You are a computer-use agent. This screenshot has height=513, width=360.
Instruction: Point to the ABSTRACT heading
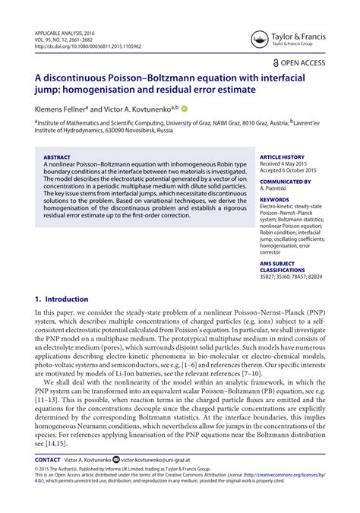point(62,158)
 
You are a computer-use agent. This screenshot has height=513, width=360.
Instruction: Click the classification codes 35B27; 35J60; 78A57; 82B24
point(290,280)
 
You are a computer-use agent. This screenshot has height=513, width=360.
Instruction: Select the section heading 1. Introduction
point(62,299)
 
